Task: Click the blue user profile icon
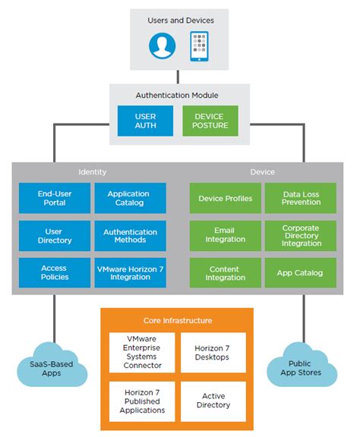[x=162, y=46]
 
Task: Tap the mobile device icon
[x=199, y=46]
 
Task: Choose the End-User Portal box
[x=54, y=198]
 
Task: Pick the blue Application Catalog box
[x=128, y=198]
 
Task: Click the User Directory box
[x=54, y=235]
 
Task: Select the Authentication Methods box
[x=128, y=235]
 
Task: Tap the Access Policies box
[x=54, y=272]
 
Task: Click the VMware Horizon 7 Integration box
[x=128, y=272]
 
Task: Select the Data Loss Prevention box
[x=301, y=198]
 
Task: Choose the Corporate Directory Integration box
[x=301, y=235]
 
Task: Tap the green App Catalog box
[x=301, y=272]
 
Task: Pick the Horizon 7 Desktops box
[x=213, y=352]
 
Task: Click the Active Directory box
[x=213, y=401]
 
